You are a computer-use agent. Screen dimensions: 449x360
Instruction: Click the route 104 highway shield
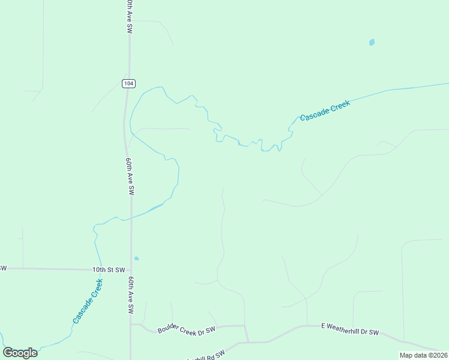(x=127, y=83)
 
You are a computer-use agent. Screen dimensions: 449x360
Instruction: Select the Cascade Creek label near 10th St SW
(x=88, y=302)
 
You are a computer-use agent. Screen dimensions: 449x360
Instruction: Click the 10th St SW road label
(x=109, y=270)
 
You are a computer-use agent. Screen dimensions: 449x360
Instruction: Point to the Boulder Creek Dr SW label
(x=186, y=330)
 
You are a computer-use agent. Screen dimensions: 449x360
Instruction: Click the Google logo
(x=20, y=353)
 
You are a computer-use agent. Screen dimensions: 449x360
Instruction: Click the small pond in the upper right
(x=372, y=43)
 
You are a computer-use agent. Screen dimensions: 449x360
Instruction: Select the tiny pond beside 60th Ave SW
(x=136, y=259)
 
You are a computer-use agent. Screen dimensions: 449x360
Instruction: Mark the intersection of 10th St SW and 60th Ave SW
(x=131, y=270)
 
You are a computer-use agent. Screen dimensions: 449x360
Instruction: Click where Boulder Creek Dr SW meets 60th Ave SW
(x=131, y=325)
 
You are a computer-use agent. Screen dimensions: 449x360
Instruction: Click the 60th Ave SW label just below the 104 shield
(x=130, y=176)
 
